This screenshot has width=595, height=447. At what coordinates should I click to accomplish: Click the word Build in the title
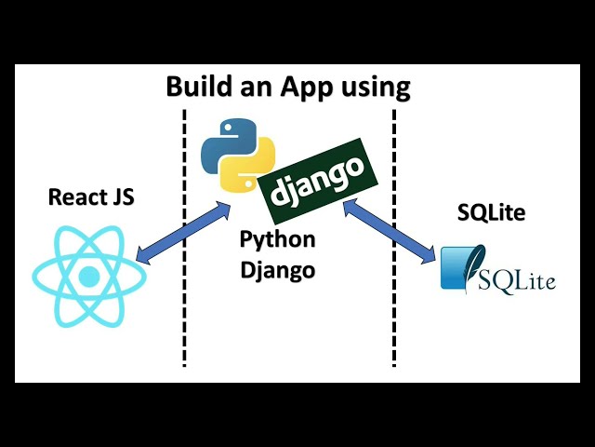tap(196, 88)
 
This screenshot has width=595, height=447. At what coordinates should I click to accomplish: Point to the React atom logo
tap(89, 277)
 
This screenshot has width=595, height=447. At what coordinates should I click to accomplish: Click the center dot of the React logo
tap(89, 277)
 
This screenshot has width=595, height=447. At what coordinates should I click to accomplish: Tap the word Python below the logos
tap(277, 239)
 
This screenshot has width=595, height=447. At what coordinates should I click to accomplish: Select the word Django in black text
tap(277, 271)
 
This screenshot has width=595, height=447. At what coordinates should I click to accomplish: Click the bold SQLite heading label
tap(491, 213)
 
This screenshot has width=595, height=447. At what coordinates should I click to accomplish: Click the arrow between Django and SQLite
tap(390, 228)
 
